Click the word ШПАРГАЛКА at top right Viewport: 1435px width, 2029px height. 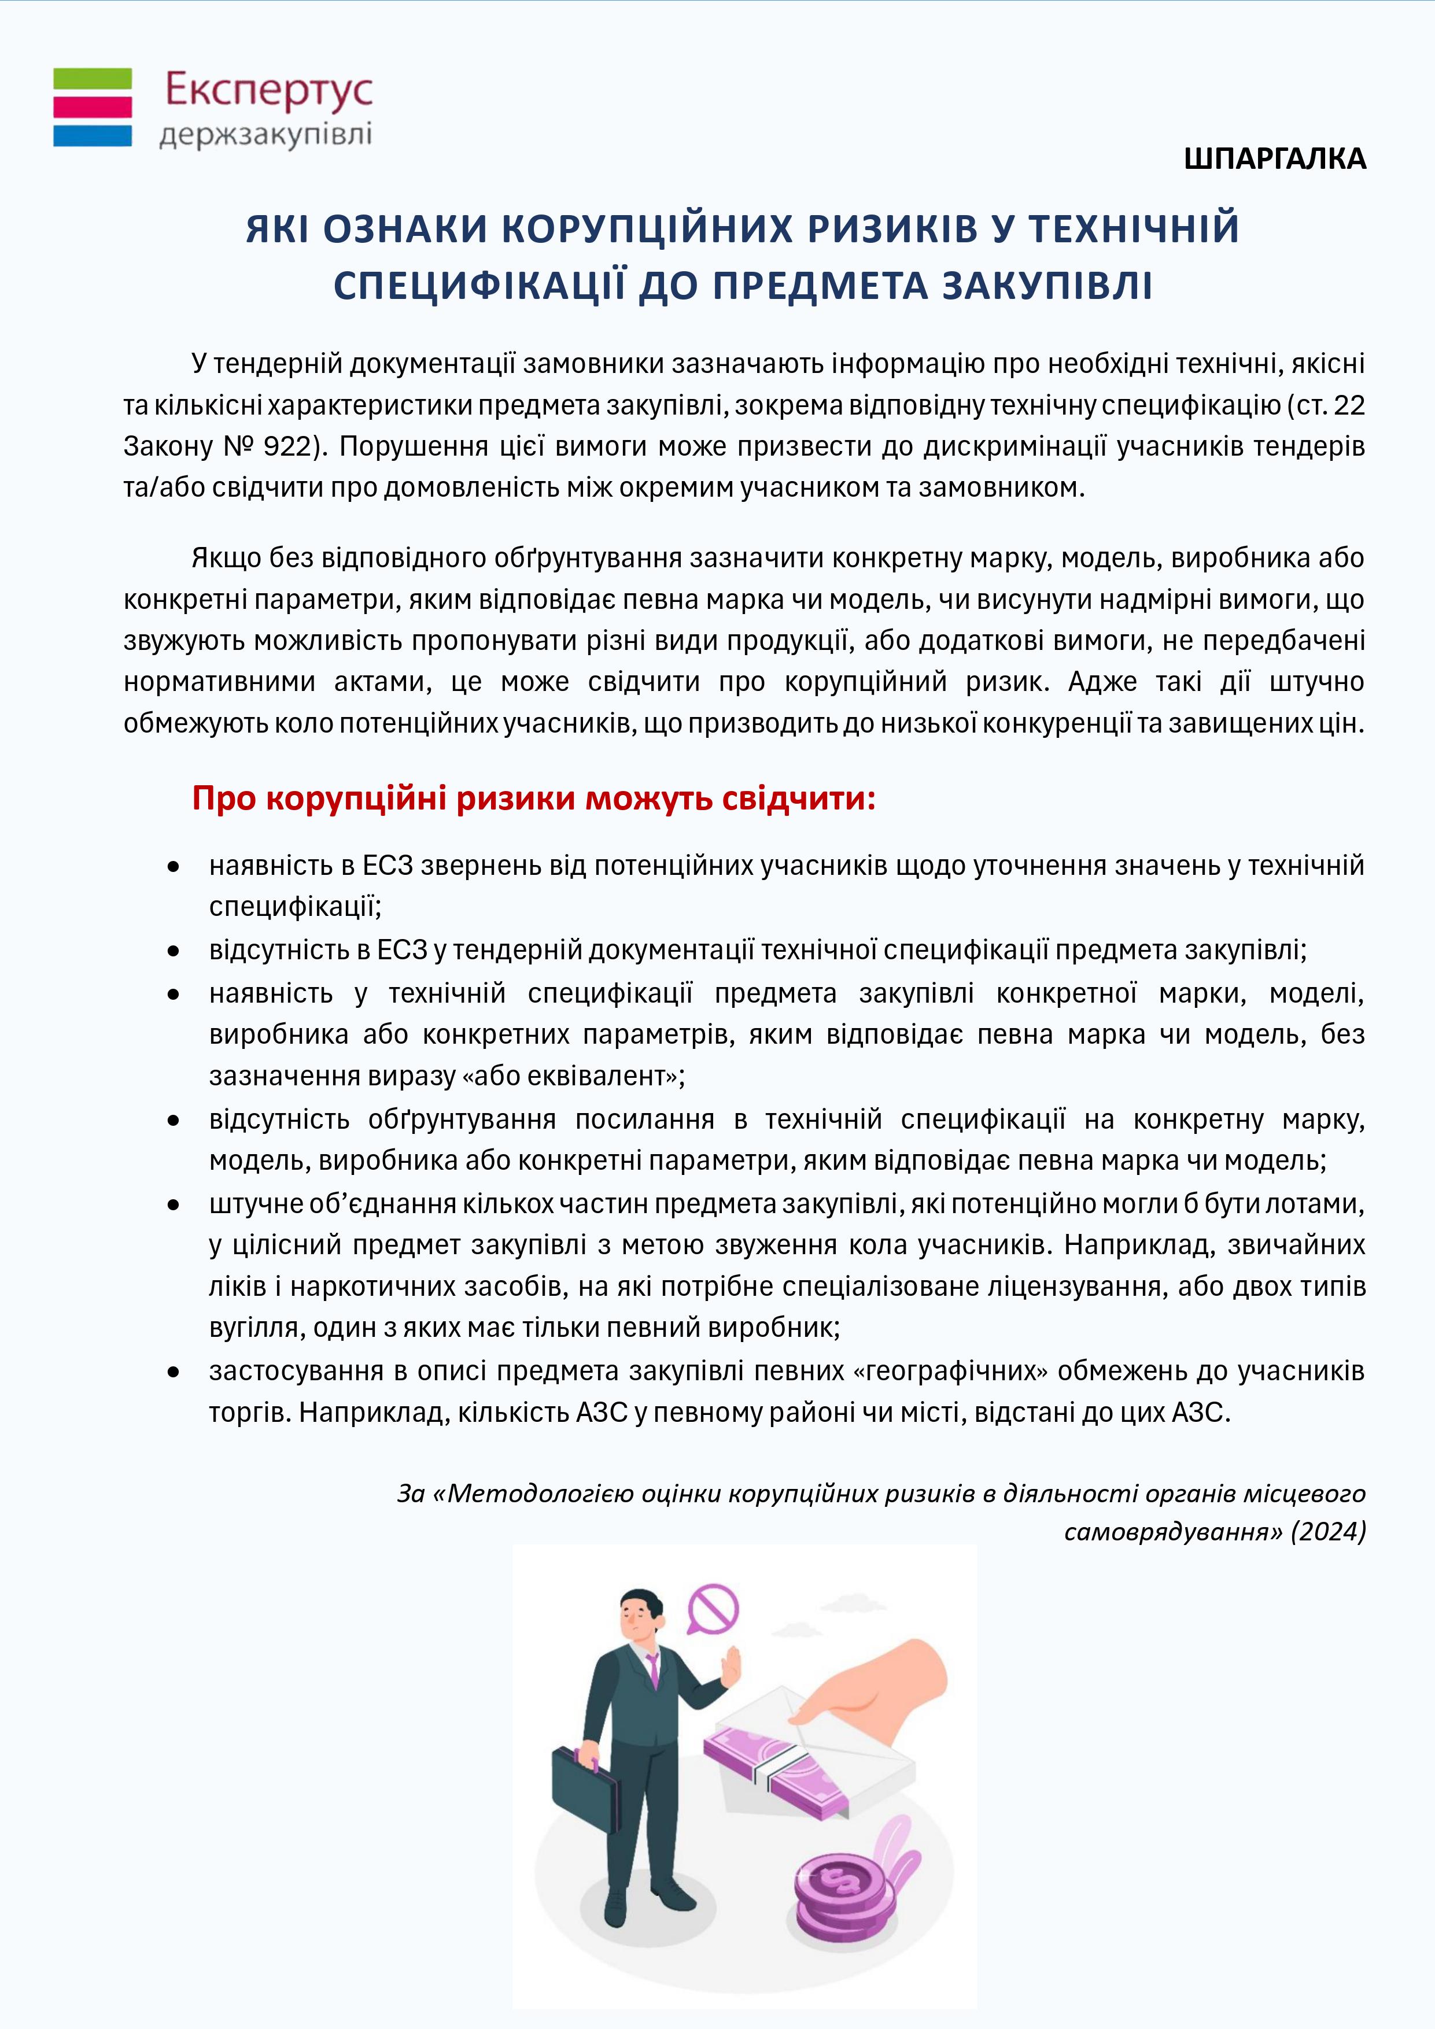[1275, 159]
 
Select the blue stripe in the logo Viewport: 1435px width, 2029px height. [93, 135]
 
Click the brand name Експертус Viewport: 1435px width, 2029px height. [269, 91]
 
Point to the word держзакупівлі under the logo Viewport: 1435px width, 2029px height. [265, 135]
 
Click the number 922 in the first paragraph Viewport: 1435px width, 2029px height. [286, 446]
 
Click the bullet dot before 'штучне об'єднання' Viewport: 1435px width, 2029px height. [174, 1204]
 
